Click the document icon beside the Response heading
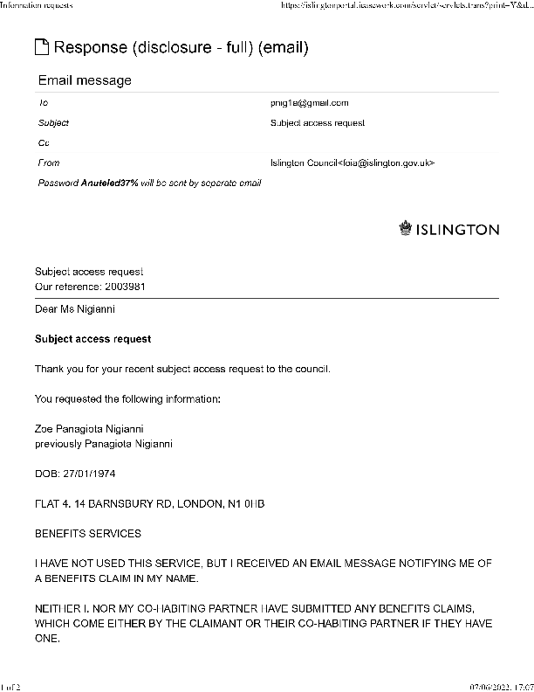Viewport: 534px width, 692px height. click(42, 47)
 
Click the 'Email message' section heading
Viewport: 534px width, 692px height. click(85, 80)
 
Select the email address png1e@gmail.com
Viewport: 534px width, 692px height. click(310, 103)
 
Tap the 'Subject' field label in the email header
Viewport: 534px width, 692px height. click(53, 123)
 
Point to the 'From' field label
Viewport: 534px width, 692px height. click(49, 163)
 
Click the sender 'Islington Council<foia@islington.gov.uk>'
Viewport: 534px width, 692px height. click(353, 163)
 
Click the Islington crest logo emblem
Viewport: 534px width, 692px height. click(405, 229)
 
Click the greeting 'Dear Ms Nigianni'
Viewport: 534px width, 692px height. click(75, 308)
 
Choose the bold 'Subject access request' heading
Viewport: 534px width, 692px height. click(92, 338)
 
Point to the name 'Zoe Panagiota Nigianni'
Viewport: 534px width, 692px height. click(88, 428)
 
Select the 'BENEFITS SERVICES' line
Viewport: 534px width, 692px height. click(87, 533)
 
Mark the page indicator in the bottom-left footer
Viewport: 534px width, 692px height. click(10, 686)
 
